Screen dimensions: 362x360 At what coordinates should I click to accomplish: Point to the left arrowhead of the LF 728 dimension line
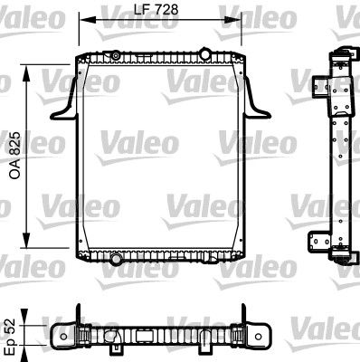pos(82,19)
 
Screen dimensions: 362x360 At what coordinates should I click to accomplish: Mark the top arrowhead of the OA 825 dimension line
pos(34,65)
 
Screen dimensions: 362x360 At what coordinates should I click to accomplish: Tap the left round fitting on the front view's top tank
pos(118,57)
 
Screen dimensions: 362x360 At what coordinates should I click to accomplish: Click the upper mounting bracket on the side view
pos(319,87)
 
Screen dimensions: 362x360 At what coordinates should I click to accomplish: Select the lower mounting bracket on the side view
pos(319,243)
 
